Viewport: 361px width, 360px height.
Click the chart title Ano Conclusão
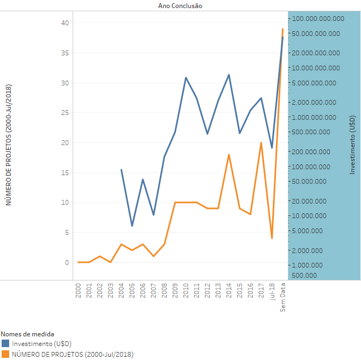(x=180, y=6)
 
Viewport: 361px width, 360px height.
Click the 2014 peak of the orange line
(x=229, y=155)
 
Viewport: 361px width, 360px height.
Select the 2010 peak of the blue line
(x=186, y=77)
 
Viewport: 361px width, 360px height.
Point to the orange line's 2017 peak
(x=261, y=143)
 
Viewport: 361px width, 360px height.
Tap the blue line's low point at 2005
(x=132, y=226)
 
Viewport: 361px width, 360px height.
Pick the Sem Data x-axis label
(x=283, y=297)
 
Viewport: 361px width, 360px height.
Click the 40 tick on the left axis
(x=65, y=23)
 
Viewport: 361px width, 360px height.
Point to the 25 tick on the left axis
(x=65, y=113)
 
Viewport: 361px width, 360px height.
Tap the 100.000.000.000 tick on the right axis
(x=318, y=18)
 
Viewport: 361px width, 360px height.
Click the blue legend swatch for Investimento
(x=5, y=343)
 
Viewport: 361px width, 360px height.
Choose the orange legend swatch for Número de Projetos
(x=5, y=354)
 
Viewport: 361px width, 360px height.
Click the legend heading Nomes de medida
(x=27, y=334)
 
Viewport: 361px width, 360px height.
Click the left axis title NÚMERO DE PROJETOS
(x=9, y=145)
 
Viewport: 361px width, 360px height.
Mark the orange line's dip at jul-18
(x=272, y=237)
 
